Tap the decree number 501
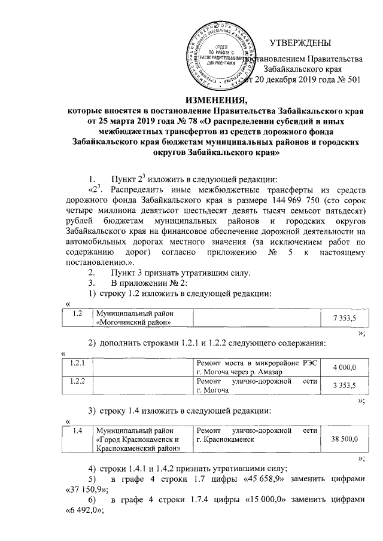pos(352,80)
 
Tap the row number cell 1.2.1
pos(78,363)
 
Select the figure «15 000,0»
pos(257,500)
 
